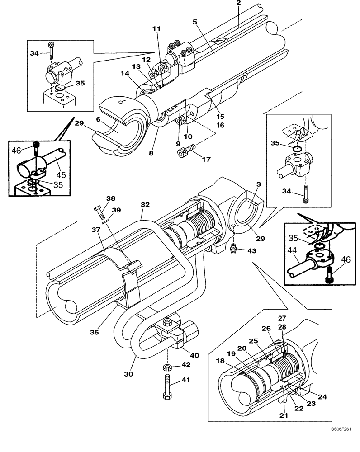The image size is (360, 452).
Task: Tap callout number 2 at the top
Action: tap(238, 3)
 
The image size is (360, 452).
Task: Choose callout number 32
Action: tap(145, 204)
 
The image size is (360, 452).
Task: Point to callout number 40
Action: tap(194, 355)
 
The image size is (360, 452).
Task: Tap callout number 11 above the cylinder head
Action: tap(156, 28)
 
